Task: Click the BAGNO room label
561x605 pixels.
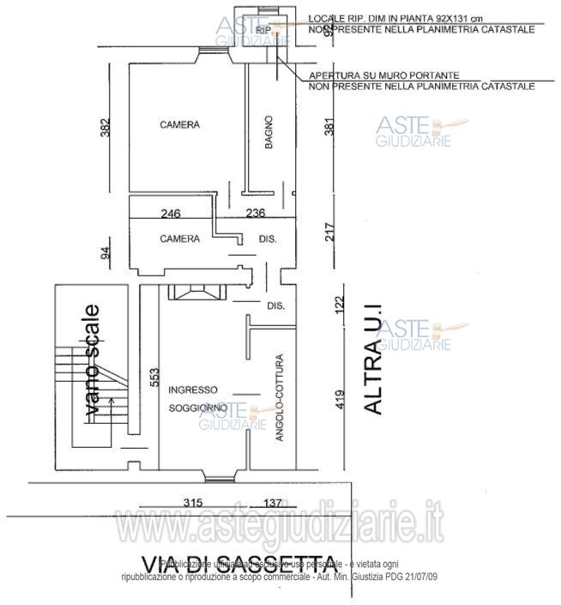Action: click(x=268, y=133)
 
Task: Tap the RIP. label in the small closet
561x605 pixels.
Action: click(x=262, y=29)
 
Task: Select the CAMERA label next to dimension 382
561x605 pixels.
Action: click(x=179, y=124)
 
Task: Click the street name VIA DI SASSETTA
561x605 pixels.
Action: click(x=238, y=564)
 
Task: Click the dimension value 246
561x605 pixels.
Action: click(x=171, y=214)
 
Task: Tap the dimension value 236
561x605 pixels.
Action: click(x=256, y=214)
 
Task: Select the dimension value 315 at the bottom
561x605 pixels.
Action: click(x=195, y=502)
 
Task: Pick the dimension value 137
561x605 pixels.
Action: click(x=272, y=502)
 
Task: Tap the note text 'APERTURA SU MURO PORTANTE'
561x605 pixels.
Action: click(x=383, y=76)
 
